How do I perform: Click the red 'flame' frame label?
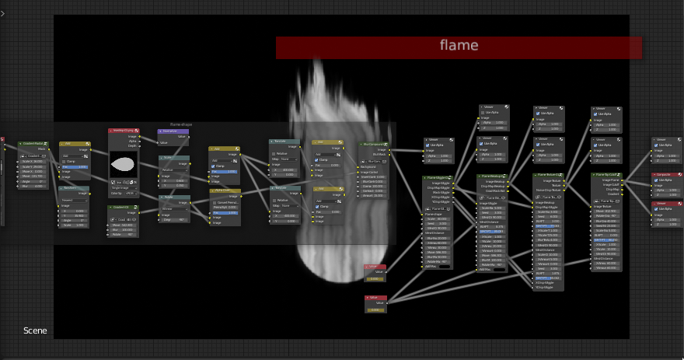[x=459, y=46]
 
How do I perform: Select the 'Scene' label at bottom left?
[x=35, y=330]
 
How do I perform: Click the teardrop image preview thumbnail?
[x=123, y=163]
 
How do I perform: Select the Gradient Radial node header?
[x=33, y=143]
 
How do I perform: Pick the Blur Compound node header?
[x=376, y=144]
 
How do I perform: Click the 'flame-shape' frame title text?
[x=180, y=124]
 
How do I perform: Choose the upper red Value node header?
[x=375, y=267]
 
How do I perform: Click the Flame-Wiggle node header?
[x=438, y=178]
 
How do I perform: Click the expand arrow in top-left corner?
[x=4, y=13]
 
